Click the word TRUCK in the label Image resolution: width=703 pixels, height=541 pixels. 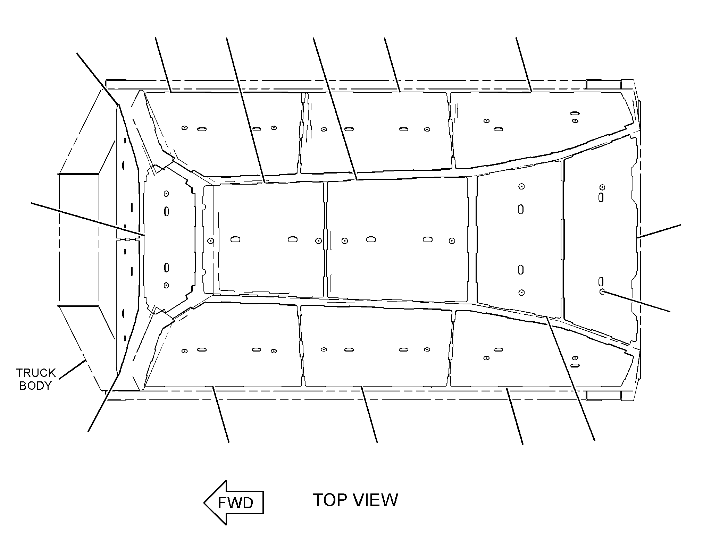[x=36, y=373]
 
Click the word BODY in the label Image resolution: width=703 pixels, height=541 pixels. [x=35, y=386]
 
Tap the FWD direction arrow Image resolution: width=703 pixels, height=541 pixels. [x=234, y=502]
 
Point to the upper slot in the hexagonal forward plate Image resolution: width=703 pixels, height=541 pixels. [x=166, y=211]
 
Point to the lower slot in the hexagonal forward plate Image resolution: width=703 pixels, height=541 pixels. [x=166, y=268]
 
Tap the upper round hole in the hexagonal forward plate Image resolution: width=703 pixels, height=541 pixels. [x=166, y=193]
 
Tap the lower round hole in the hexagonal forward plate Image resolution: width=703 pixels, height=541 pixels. [x=166, y=285]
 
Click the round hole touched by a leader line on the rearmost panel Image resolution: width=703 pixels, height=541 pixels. [x=602, y=291]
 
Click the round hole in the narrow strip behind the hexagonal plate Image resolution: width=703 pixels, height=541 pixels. [x=210, y=240]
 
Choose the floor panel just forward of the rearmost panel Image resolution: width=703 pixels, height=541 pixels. [x=519, y=239]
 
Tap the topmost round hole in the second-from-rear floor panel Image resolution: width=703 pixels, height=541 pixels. [x=521, y=186]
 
